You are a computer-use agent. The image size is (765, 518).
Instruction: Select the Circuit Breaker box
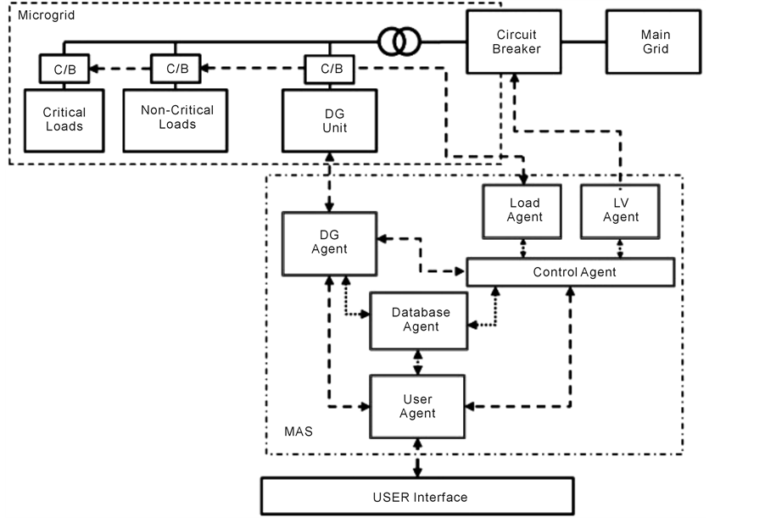pos(517,42)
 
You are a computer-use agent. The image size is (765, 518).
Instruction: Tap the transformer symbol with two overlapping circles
pos(399,42)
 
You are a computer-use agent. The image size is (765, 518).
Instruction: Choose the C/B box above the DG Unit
pos(332,69)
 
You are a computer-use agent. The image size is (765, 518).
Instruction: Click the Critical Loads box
pos(64,120)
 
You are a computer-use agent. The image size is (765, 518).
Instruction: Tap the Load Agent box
pos(523,209)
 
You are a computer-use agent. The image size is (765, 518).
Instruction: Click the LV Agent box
pos(621,209)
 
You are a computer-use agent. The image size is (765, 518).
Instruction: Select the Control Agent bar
pos(573,272)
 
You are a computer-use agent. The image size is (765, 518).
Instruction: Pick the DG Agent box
pos(329,242)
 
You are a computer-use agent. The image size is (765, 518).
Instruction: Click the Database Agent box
pos(420,320)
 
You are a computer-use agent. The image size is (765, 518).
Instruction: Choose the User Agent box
pos(417,405)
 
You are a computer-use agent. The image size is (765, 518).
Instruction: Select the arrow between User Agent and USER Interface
pos(416,459)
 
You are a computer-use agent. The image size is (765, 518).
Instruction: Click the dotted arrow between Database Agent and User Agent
pos(416,362)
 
